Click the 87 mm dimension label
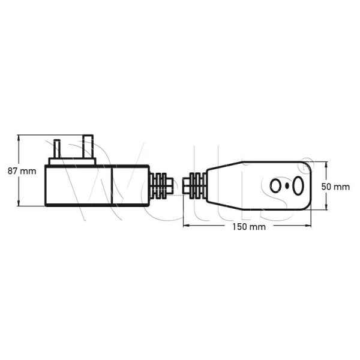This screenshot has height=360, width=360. (22, 171)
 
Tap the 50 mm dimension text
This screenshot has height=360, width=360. (335, 187)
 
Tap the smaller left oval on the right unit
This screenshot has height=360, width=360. (276, 185)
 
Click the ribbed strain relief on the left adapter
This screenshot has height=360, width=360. (159, 185)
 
